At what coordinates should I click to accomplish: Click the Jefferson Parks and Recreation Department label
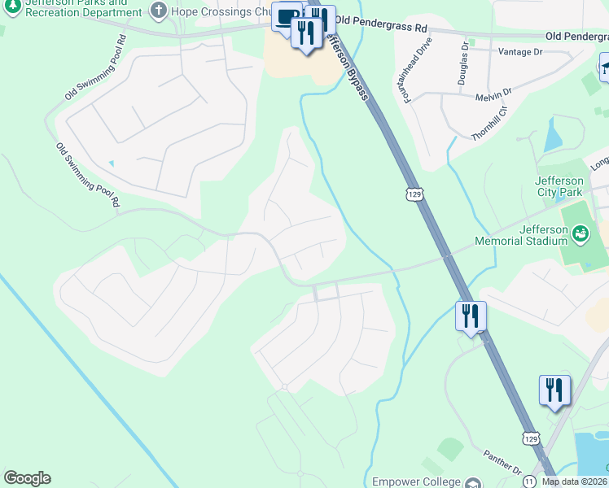77,7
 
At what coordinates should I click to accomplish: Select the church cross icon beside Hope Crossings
159,11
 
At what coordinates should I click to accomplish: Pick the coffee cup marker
287,18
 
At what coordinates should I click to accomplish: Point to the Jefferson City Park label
559,186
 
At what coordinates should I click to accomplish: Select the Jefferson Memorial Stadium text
521,235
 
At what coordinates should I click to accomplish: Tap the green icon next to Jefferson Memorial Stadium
581,236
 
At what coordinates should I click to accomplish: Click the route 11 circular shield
529,480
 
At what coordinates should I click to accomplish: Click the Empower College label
416,481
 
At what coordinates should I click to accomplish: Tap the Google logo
27,478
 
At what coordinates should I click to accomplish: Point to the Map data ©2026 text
575,481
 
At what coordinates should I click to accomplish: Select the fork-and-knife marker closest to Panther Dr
554,390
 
